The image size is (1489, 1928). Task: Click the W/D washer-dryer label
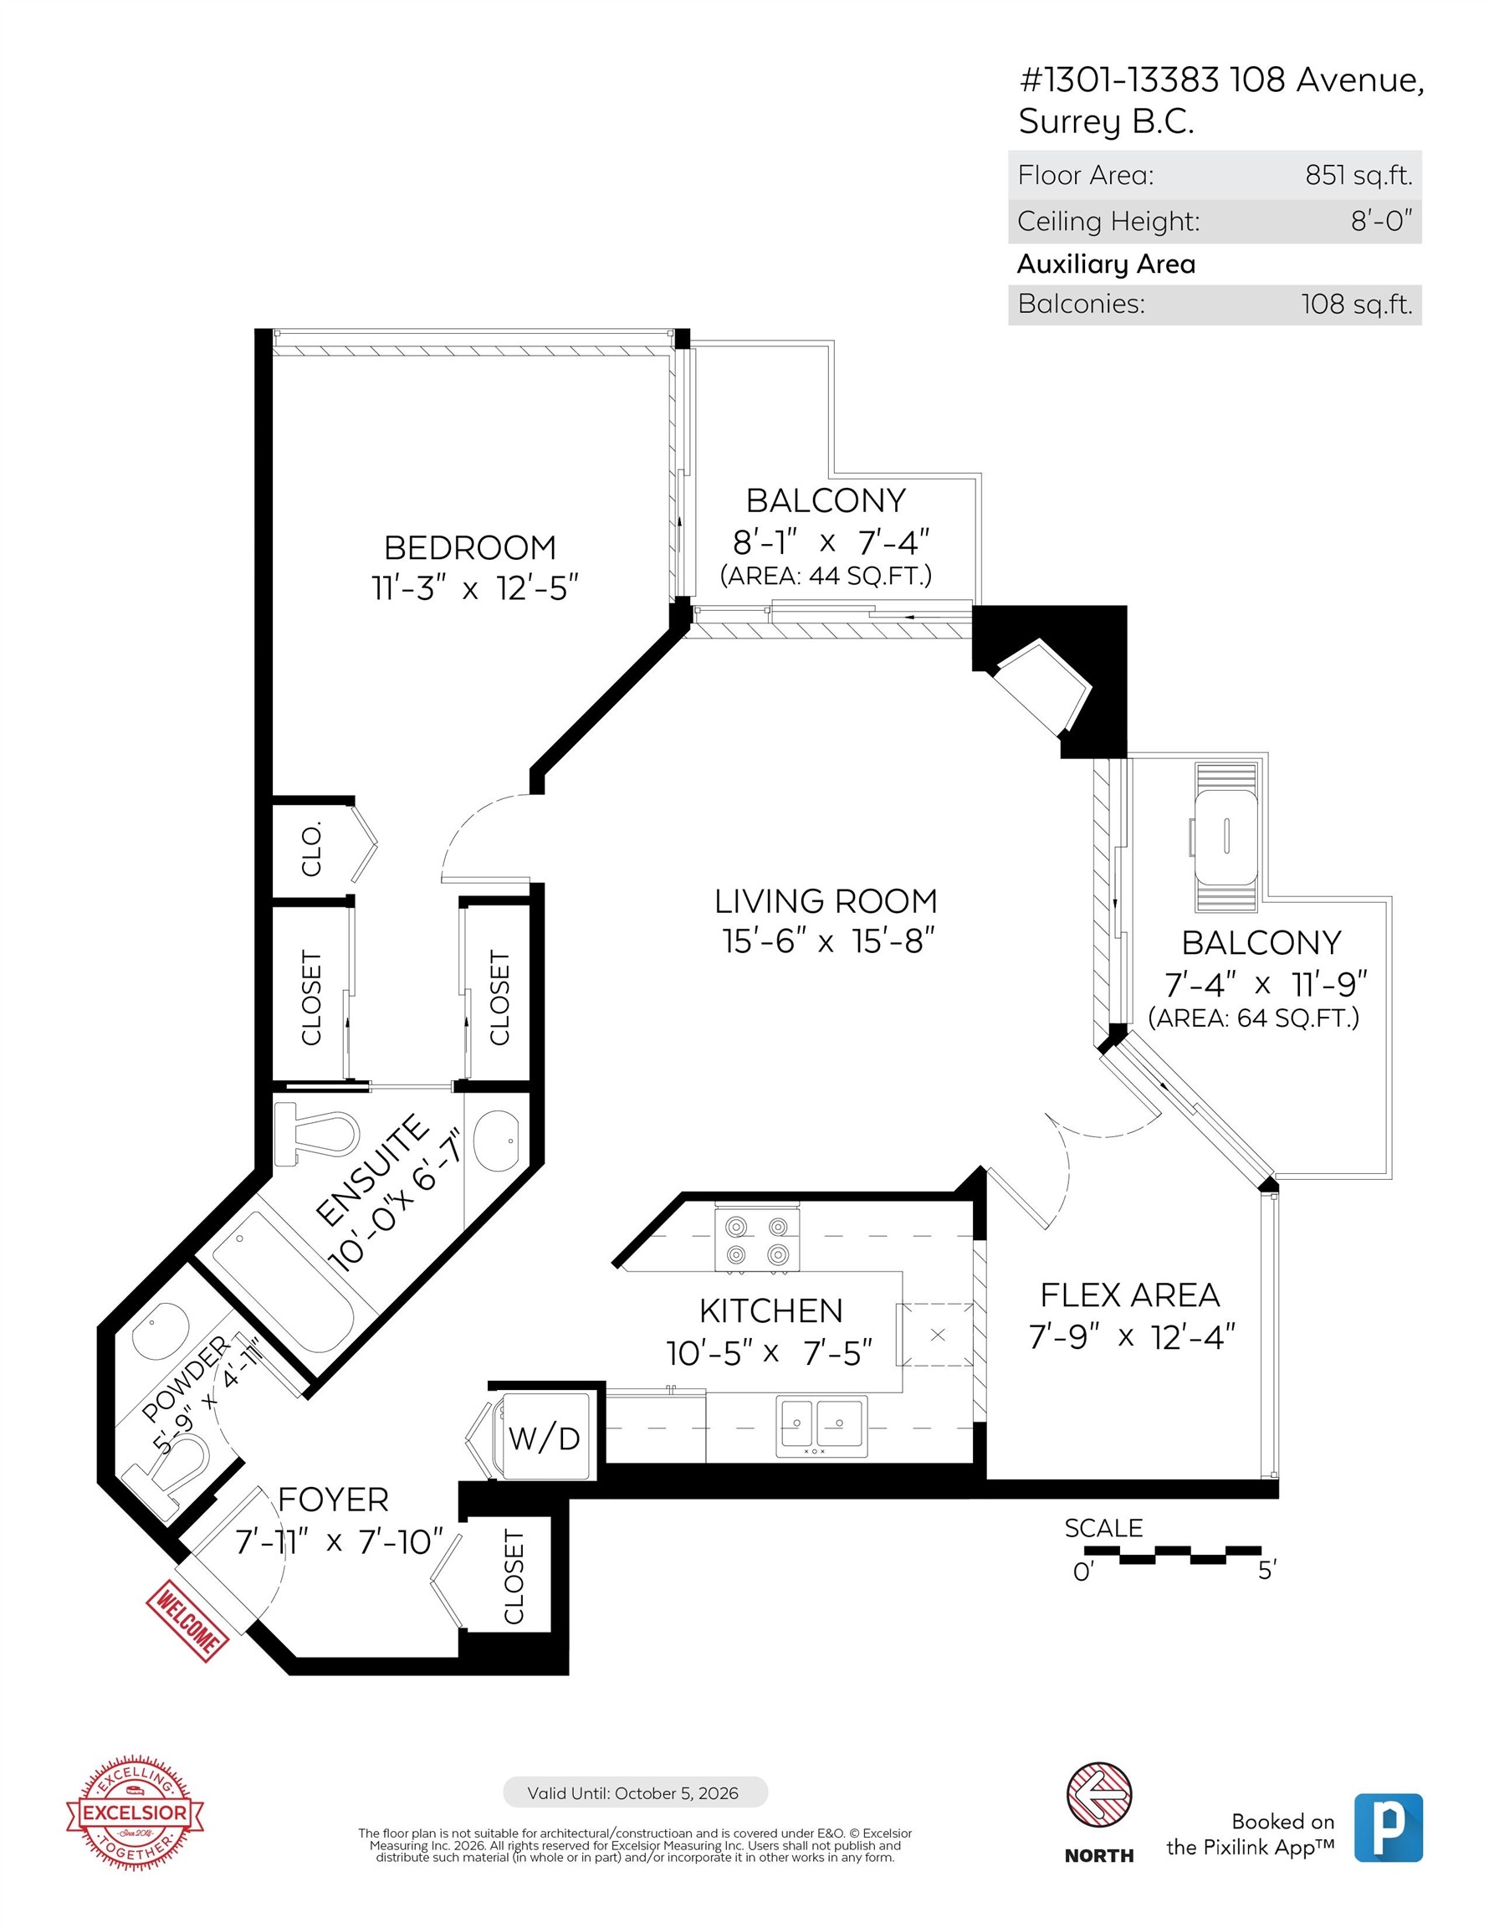pos(544,1438)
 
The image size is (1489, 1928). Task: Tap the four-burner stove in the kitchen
pos(756,1240)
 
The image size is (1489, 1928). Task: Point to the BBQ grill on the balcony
pos(1225,835)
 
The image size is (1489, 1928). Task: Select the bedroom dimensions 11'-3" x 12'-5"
pos(474,588)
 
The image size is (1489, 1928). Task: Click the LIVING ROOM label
pos(826,901)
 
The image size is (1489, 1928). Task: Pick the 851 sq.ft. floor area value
pos(1359,175)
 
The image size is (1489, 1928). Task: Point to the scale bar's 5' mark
pos(1266,1571)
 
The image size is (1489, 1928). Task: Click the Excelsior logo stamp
pos(134,1813)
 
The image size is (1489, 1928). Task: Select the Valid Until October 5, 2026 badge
pos(635,1793)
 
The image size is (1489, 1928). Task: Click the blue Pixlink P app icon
pos(1388,1828)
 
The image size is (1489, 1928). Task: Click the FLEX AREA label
pos(1129,1295)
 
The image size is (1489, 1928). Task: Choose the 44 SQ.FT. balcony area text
pos(826,576)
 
